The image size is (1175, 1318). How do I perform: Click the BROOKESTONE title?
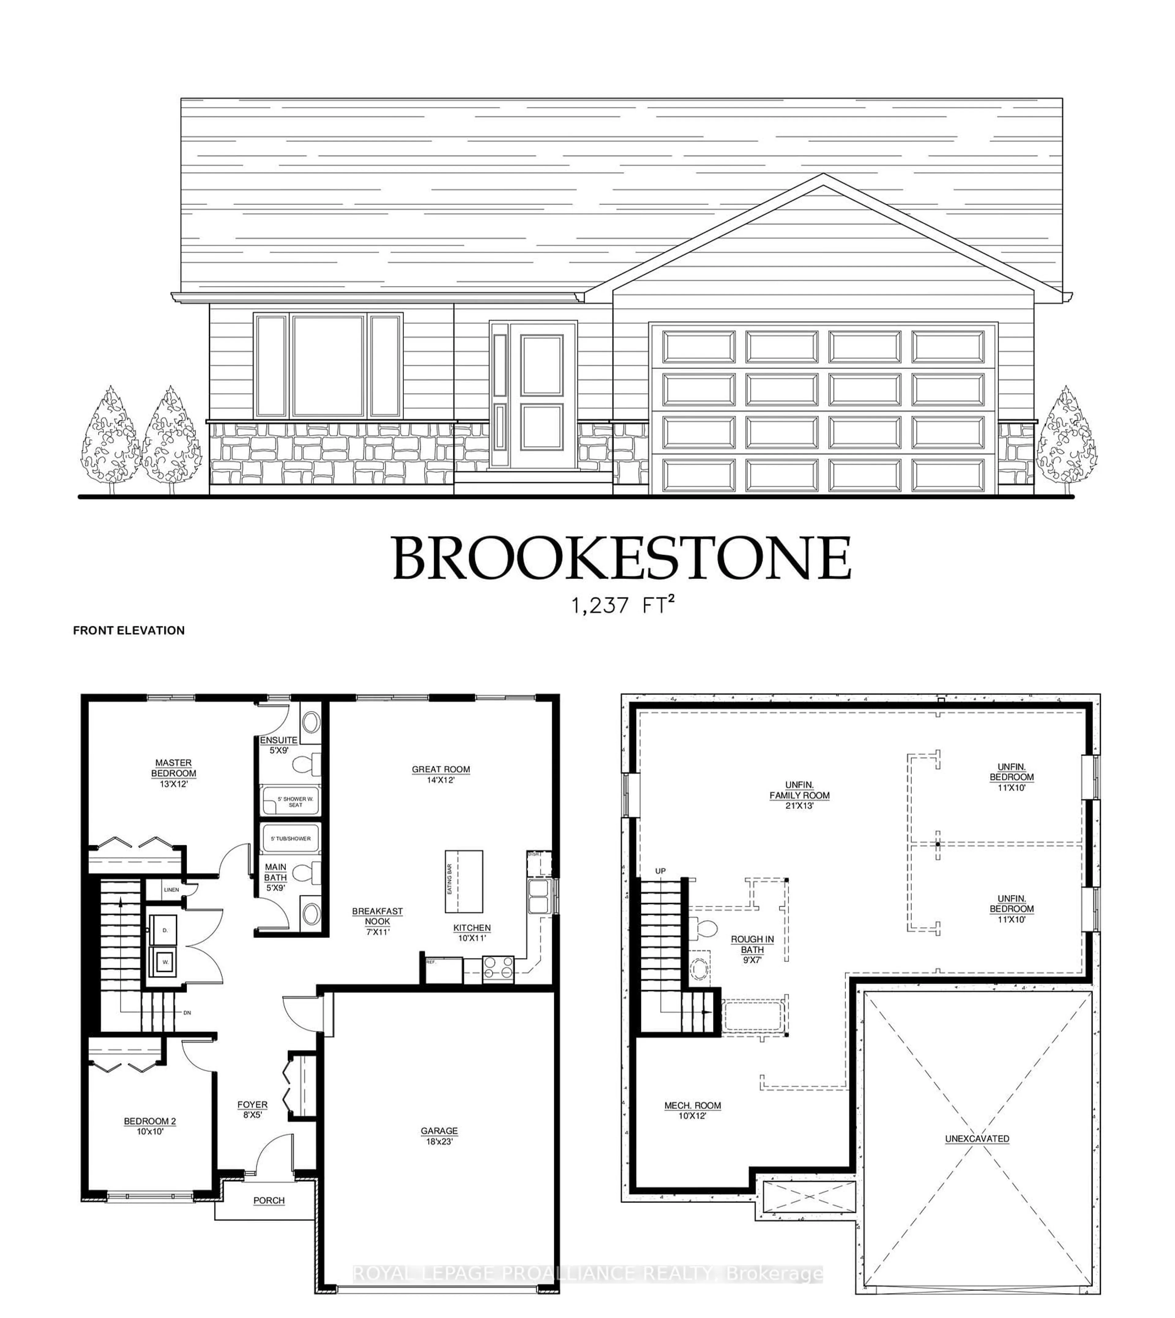(622, 558)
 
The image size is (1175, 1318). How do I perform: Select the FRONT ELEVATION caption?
(129, 630)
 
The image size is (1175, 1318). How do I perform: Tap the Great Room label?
(441, 774)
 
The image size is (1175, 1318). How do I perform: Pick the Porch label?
(269, 1200)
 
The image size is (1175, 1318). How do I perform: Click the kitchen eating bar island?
(464, 881)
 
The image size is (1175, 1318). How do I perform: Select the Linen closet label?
(171, 890)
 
